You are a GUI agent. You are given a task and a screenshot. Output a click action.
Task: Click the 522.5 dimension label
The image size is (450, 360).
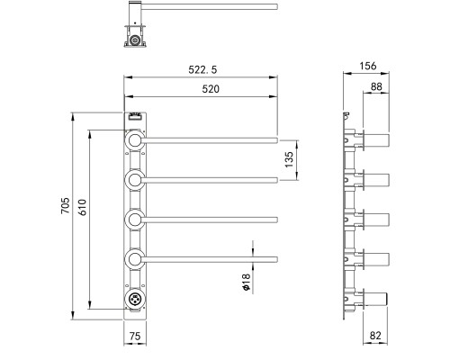(202, 69)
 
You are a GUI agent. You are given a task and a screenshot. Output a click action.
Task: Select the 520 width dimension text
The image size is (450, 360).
(211, 89)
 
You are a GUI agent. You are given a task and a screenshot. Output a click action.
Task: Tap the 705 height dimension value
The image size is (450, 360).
(66, 205)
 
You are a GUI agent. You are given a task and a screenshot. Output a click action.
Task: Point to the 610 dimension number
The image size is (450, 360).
(83, 207)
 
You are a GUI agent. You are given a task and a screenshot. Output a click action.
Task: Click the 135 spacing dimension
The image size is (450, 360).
(288, 159)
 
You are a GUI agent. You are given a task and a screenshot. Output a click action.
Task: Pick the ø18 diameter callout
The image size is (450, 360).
(246, 282)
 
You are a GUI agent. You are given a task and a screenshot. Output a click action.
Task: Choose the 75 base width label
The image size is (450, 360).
(135, 336)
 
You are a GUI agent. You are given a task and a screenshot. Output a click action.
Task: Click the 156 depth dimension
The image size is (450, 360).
(368, 66)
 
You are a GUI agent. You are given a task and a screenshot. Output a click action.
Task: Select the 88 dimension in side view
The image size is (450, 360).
(376, 86)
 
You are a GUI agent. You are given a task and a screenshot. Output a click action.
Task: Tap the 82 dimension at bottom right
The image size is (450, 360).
(375, 335)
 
